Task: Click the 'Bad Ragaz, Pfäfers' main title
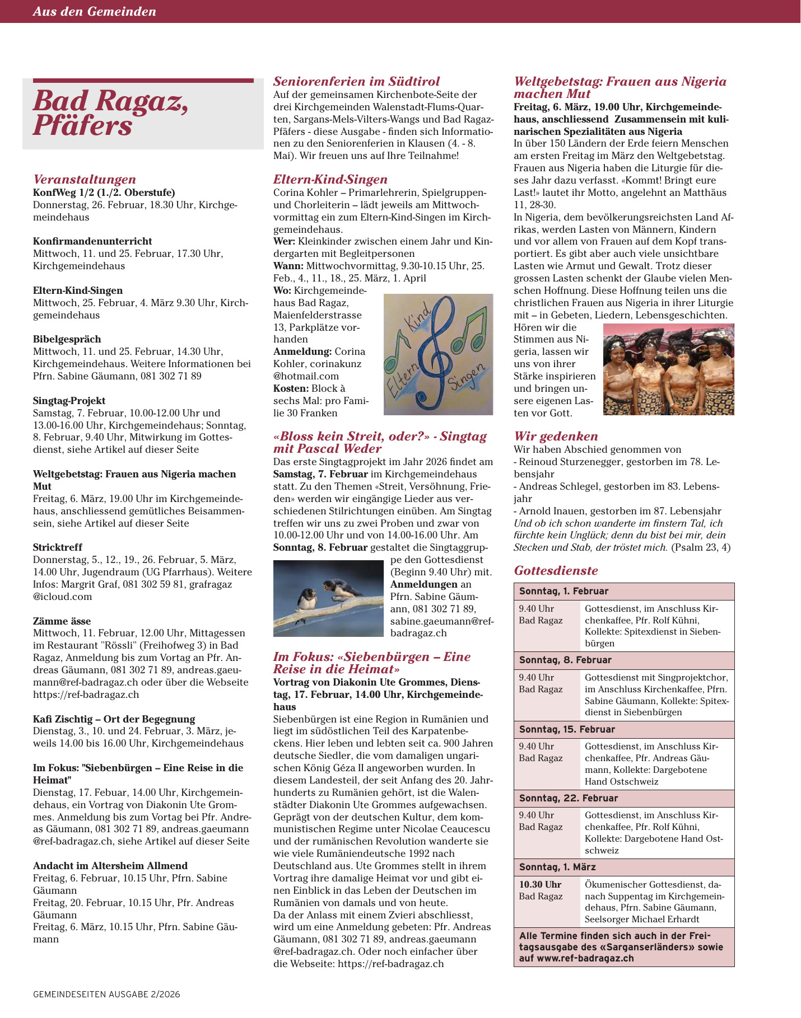pos(110,113)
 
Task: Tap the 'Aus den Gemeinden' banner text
pos(94,11)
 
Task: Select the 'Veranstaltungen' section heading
pos(85,179)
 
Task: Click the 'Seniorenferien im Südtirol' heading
pos(356,81)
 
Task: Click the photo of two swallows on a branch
pos(328,598)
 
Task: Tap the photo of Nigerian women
pos(668,369)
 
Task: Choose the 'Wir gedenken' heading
pos(556,436)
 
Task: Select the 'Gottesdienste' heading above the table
pos(556,570)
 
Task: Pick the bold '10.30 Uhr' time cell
pos(540,884)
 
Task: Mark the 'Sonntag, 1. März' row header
pos(557,867)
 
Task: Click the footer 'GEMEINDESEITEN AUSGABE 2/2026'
pos(106,994)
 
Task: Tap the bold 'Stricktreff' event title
pos(58,547)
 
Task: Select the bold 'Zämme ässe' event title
pos(62,621)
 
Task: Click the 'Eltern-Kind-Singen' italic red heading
pos(330,179)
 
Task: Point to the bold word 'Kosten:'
pos(291,388)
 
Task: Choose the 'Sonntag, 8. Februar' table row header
pos(565,660)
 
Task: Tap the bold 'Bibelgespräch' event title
pos(67,339)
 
